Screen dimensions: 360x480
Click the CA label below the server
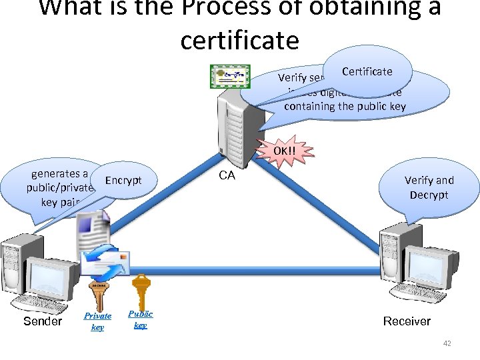point(227,175)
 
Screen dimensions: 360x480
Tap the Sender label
point(42,321)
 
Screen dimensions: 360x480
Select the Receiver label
point(407,321)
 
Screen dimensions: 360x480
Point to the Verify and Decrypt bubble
point(429,187)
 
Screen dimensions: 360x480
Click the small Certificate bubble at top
point(367,71)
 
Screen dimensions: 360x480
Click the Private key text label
point(97,321)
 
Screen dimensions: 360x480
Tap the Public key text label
point(140,319)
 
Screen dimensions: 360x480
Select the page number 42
point(447,344)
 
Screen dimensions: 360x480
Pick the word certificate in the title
point(239,40)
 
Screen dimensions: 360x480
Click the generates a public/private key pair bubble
point(57,189)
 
